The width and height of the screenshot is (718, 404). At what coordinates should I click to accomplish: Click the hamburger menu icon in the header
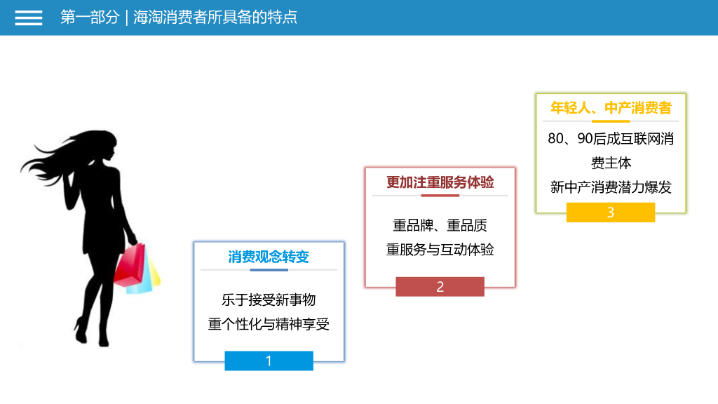tap(29, 18)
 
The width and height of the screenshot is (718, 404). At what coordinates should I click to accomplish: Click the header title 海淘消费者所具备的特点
tap(215, 18)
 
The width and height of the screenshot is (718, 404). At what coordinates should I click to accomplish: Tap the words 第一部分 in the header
tap(90, 18)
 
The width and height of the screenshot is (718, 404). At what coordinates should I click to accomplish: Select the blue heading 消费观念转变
tap(269, 257)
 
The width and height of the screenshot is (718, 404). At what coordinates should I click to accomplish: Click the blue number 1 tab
tap(269, 361)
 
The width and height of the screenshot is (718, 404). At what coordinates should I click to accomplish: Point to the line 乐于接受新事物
tap(269, 300)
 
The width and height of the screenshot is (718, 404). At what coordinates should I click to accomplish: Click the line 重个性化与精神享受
tap(269, 324)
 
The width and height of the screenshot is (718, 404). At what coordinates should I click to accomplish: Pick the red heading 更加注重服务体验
tap(440, 182)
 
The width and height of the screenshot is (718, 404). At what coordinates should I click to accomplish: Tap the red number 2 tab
tap(440, 287)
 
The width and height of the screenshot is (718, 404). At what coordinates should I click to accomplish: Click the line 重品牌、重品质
tap(440, 225)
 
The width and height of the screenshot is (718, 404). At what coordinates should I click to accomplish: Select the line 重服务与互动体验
tap(440, 249)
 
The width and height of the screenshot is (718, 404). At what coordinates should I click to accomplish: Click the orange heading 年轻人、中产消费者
tap(611, 107)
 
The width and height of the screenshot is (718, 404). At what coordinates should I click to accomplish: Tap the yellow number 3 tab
tap(611, 213)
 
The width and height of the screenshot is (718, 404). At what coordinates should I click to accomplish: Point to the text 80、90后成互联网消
tap(611, 139)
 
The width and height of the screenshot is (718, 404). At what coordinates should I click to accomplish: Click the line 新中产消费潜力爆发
tap(611, 187)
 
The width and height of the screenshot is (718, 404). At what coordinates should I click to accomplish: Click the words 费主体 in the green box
tap(611, 163)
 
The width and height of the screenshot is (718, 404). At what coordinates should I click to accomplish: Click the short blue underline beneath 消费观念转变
tap(269, 269)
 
